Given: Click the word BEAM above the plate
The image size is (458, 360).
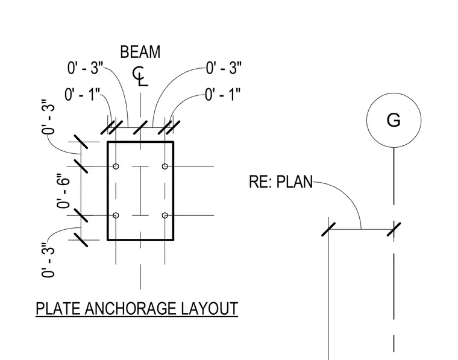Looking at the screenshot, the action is [x=140, y=52].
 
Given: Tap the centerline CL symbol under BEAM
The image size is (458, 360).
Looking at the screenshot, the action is [x=140, y=77].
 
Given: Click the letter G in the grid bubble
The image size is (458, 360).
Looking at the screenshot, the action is [x=394, y=120].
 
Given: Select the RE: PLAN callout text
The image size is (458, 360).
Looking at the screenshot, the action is [x=281, y=182].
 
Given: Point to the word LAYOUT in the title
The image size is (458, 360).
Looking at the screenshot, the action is [x=210, y=309].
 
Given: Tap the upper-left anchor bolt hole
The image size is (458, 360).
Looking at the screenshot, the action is [x=116, y=166].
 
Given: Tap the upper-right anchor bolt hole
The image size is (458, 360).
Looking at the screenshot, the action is [x=165, y=166].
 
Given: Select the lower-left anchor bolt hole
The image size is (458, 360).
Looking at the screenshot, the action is [x=116, y=215].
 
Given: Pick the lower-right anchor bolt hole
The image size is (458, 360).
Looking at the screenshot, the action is [x=165, y=215].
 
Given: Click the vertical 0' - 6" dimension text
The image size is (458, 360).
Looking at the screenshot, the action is [x=64, y=191].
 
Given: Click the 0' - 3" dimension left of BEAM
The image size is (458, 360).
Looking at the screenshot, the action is [x=86, y=68].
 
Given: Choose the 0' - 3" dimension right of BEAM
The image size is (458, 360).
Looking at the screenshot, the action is [x=224, y=68].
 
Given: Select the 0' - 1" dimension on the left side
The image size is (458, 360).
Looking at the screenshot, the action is [x=83, y=95].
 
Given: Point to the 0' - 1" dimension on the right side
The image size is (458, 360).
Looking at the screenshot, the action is [x=223, y=95].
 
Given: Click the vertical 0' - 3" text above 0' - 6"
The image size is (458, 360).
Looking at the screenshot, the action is [x=48, y=117].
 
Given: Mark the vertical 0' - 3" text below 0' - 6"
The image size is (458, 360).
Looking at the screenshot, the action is [x=48, y=260].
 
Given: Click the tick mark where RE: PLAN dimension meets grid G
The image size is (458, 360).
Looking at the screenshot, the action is [x=394, y=229].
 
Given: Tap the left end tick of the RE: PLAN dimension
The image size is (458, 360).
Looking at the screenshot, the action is [x=328, y=229].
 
